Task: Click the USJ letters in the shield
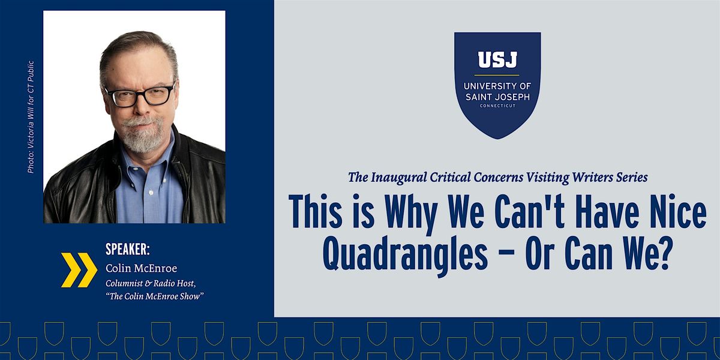pyautogui.click(x=497, y=60)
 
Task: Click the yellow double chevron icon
pyautogui.click(x=79, y=270)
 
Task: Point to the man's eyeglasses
pyautogui.click(x=140, y=95)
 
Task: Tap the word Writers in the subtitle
pyautogui.click(x=590, y=177)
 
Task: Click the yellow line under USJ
pyautogui.click(x=497, y=74)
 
